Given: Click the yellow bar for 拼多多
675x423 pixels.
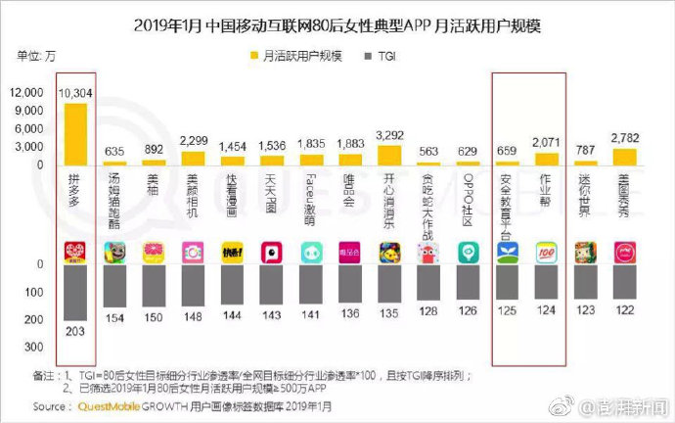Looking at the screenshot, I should (x=76, y=133).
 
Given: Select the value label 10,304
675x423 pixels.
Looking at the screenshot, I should (x=75, y=93).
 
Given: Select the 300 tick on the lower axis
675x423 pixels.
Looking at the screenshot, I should (x=33, y=347).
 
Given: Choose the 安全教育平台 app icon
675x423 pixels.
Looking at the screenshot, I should (x=507, y=253).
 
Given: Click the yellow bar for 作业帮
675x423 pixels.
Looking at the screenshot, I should (x=546, y=159).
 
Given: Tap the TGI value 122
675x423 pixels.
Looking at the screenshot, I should (x=623, y=309).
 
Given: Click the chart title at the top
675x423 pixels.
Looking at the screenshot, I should (x=337, y=21).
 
